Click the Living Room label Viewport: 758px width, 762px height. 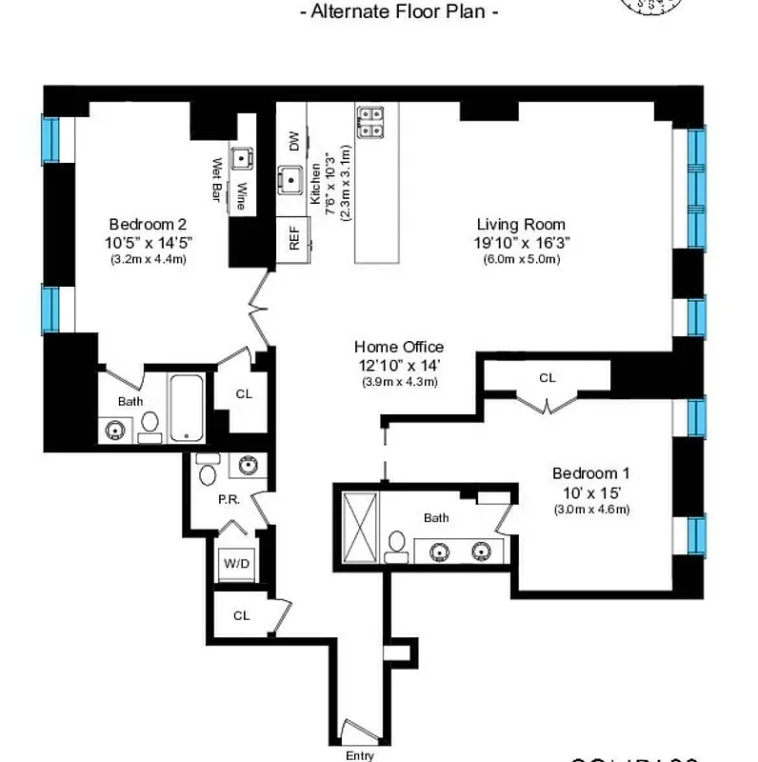[521, 225]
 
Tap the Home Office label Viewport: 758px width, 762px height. [399, 348]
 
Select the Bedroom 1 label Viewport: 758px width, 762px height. [591, 473]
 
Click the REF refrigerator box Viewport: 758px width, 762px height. [293, 238]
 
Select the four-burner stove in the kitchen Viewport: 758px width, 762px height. [370, 120]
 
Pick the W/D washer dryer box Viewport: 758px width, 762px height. [237, 564]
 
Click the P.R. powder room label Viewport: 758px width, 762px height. [227, 498]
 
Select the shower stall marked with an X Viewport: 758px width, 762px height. [359, 527]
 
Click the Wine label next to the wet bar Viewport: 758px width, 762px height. [242, 195]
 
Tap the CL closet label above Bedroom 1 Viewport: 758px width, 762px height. [547, 378]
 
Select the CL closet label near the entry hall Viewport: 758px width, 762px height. [242, 615]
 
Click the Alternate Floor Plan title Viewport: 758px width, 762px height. [399, 12]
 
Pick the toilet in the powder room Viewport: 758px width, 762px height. [209, 471]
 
